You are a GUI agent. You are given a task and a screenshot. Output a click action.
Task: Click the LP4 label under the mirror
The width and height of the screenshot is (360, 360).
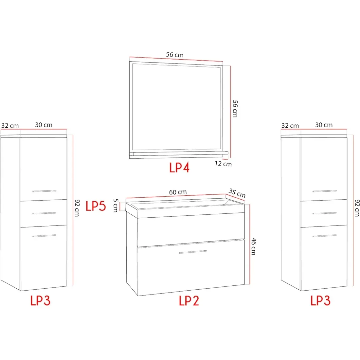(x=179, y=167)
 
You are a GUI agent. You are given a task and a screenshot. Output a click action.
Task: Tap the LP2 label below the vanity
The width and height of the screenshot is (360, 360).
(x=189, y=300)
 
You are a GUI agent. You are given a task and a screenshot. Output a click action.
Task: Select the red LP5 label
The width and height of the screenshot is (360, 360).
(x=96, y=206)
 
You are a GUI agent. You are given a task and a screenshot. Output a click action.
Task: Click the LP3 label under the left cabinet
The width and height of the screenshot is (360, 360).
(x=40, y=300)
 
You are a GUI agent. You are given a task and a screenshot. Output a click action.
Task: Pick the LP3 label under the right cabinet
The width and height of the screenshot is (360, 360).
(x=320, y=300)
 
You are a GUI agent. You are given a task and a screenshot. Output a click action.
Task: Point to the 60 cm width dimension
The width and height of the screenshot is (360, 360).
(x=178, y=192)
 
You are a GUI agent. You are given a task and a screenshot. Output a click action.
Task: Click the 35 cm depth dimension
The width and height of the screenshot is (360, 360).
(x=237, y=193)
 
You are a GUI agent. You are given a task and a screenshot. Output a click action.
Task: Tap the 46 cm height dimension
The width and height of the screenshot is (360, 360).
(x=253, y=246)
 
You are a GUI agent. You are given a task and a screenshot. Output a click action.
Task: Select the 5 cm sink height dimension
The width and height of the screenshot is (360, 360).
(x=116, y=206)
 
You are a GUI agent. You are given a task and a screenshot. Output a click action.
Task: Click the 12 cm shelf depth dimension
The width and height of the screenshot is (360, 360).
(x=223, y=164)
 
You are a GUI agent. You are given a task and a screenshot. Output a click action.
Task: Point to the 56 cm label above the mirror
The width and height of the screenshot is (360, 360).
(x=175, y=55)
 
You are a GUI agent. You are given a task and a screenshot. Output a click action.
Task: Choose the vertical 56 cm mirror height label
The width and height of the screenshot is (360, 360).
(x=235, y=109)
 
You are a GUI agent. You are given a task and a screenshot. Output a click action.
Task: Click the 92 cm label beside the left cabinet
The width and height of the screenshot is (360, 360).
(x=77, y=208)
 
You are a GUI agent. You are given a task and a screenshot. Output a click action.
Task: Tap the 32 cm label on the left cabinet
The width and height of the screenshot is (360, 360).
(x=10, y=126)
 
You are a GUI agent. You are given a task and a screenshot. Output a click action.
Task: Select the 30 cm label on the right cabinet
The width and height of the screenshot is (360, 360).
(x=324, y=125)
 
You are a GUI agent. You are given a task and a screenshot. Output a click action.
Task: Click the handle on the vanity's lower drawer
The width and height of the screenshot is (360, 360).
(x=193, y=252)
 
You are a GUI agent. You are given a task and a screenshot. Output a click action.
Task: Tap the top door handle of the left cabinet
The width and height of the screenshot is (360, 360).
(x=44, y=191)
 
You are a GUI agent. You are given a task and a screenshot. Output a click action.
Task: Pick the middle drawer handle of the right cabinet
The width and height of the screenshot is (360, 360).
(x=324, y=213)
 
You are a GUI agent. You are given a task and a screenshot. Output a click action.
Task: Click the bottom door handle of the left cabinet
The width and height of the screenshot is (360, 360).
(x=44, y=236)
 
